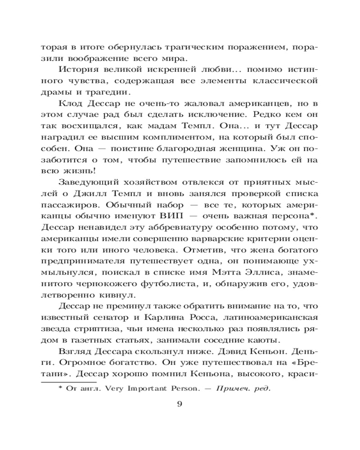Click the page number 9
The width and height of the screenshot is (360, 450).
(x=180, y=403)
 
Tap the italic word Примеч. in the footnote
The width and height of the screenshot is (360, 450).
(x=229, y=389)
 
